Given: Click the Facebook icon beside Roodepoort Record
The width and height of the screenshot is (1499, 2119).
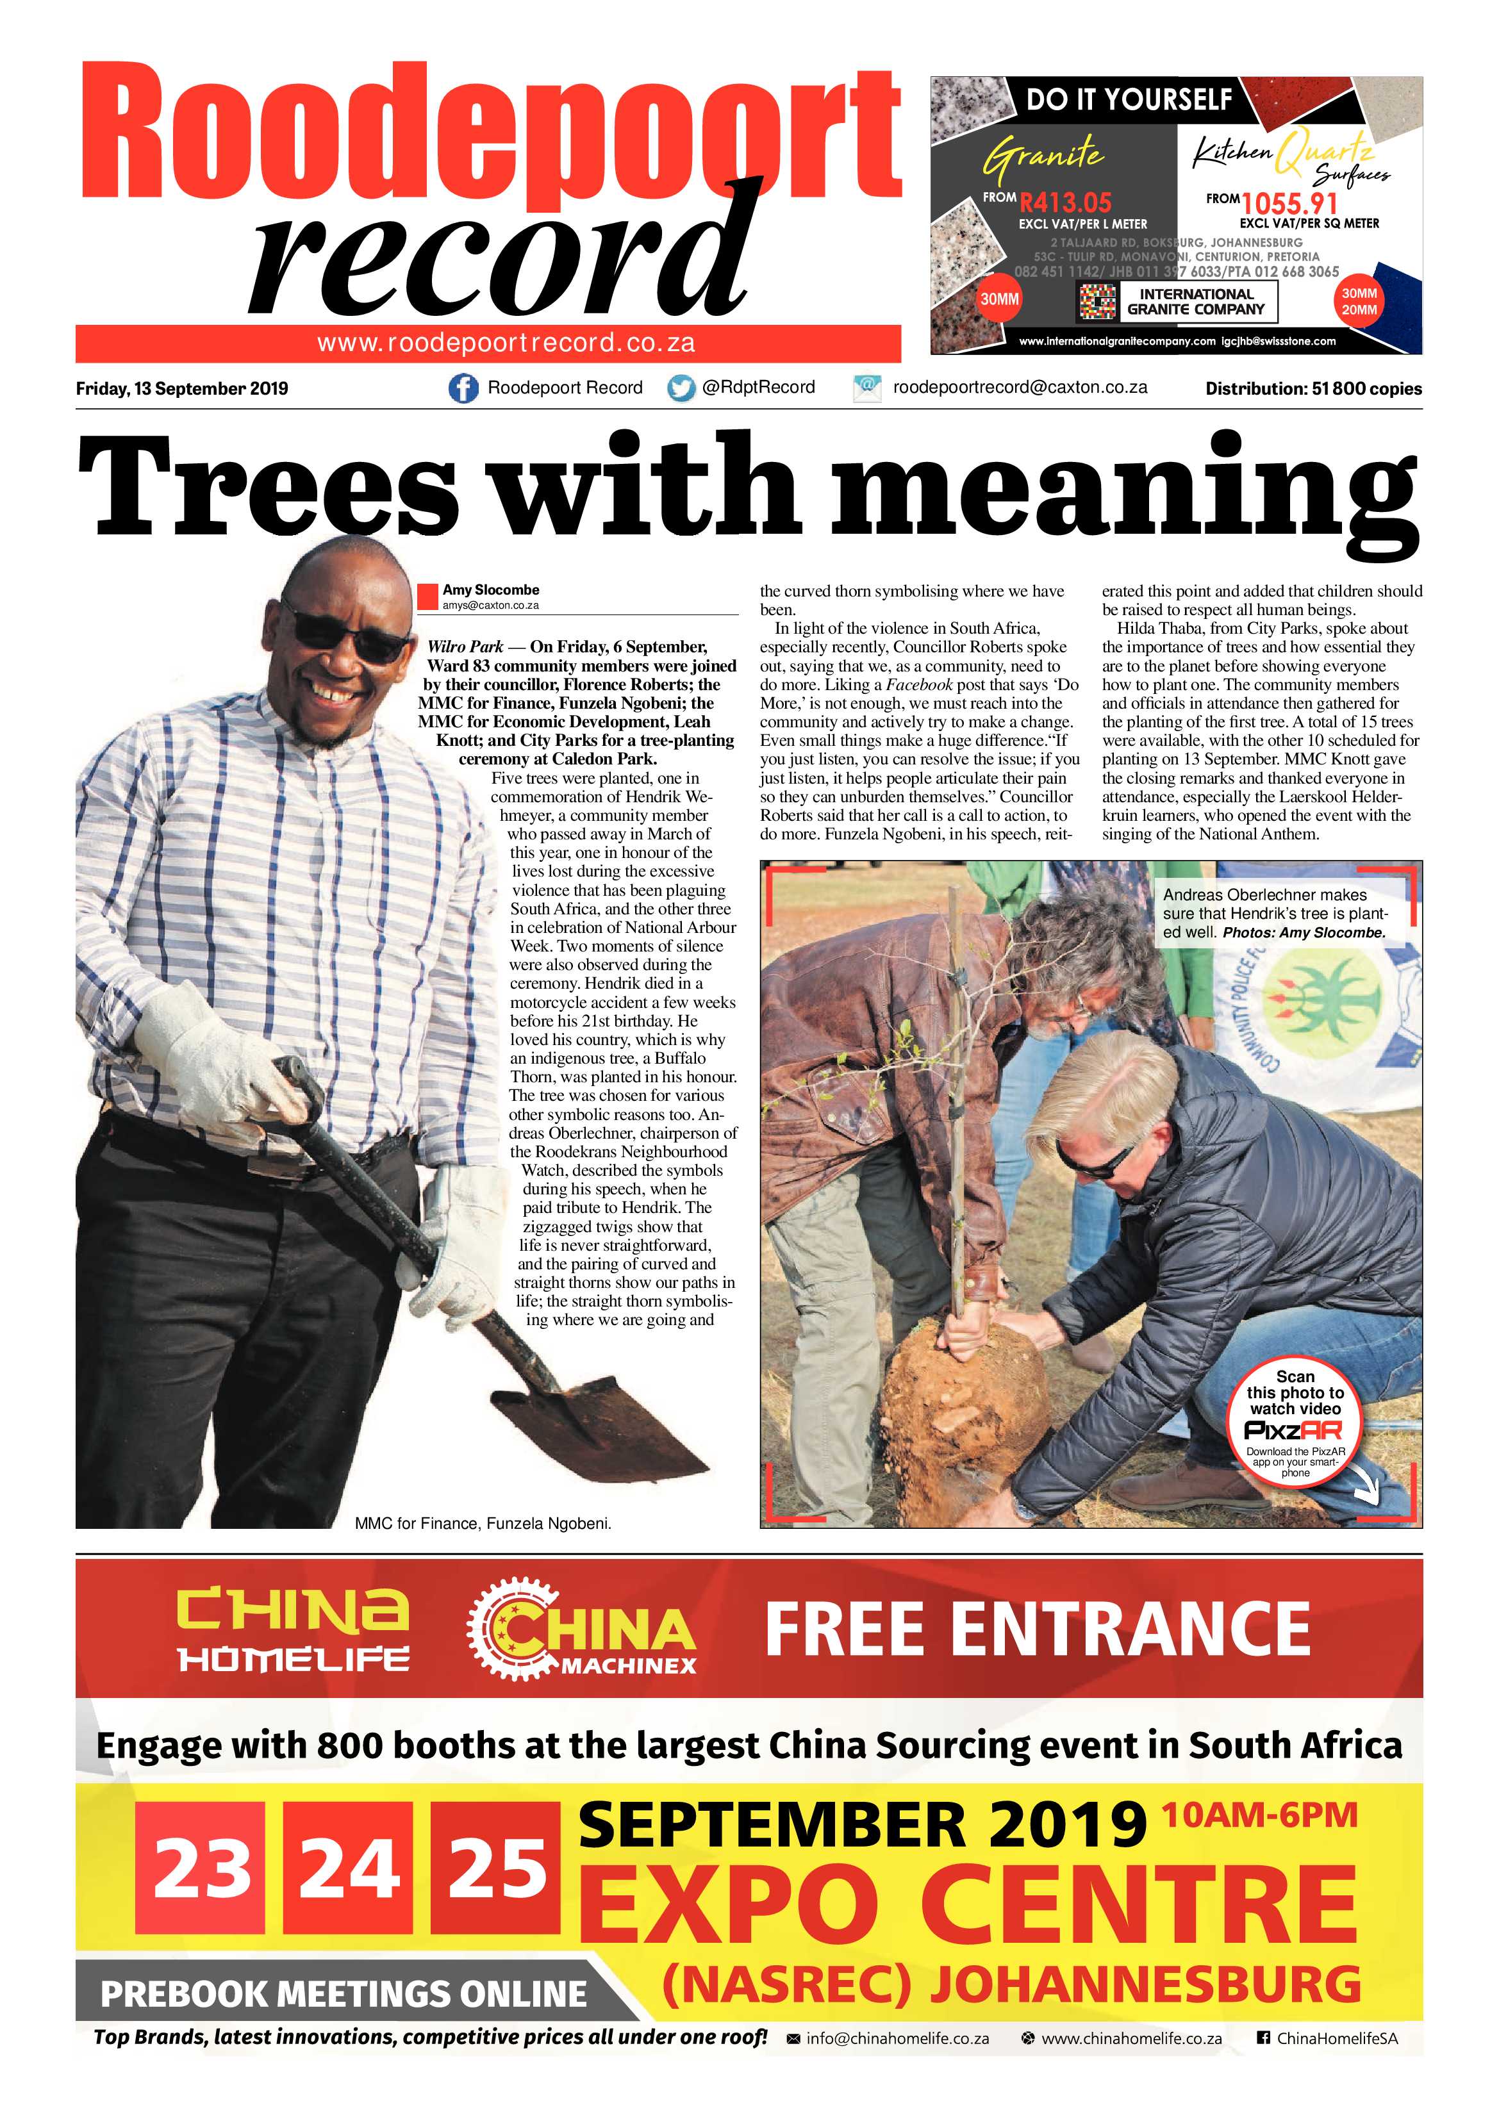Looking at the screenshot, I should [x=463, y=388].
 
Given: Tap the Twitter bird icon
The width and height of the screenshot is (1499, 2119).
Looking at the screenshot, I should [x=681, y=388].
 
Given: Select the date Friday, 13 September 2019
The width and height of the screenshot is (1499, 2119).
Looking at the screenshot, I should [x=182, y=388].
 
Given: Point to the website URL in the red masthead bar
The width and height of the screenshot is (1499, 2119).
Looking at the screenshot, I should [x=506, y=343].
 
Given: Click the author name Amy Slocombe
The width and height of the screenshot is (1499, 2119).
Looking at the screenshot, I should [x=490, y=590].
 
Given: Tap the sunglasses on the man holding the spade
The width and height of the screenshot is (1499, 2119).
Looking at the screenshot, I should [x=349, y=638].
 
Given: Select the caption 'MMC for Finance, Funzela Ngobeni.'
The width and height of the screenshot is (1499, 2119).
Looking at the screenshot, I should [x=483, y=1524].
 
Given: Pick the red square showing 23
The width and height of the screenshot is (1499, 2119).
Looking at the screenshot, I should [x=203, y=1867].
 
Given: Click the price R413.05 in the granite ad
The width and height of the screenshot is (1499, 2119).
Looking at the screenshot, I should [x=1065, y=202].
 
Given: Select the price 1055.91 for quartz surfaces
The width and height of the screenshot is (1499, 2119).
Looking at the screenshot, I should [x=1289, y=202].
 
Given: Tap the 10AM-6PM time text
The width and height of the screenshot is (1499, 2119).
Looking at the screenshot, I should [x=1259, y=1815].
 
